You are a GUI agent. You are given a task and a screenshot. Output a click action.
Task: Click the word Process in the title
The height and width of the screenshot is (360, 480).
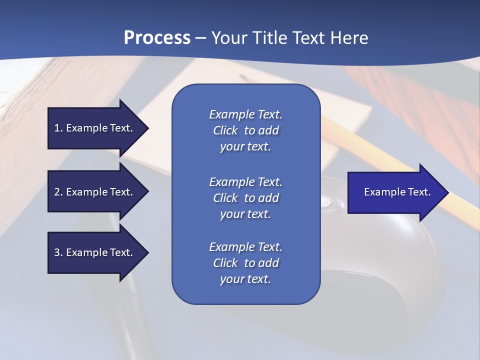[x=157, y=38]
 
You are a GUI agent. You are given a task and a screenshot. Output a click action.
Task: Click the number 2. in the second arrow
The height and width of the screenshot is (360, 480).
[x=58, y=192]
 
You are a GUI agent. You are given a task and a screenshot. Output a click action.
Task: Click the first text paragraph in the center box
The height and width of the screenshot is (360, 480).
[x=245, y=130]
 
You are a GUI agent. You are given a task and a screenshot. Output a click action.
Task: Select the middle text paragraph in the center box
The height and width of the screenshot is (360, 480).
[x=245, y=198]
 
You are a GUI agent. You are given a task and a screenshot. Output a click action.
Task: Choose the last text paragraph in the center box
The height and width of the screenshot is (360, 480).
[x=245, y=263]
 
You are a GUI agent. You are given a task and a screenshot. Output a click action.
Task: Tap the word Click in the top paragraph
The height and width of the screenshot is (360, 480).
[x=225, y=130]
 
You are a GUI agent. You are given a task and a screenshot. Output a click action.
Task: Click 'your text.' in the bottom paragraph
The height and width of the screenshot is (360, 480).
[x=245, y=279]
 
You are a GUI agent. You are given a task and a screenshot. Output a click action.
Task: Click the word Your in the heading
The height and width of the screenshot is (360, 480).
[x=228, y=38]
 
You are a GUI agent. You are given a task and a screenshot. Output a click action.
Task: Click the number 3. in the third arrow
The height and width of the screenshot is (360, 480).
[x=58, y=252]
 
